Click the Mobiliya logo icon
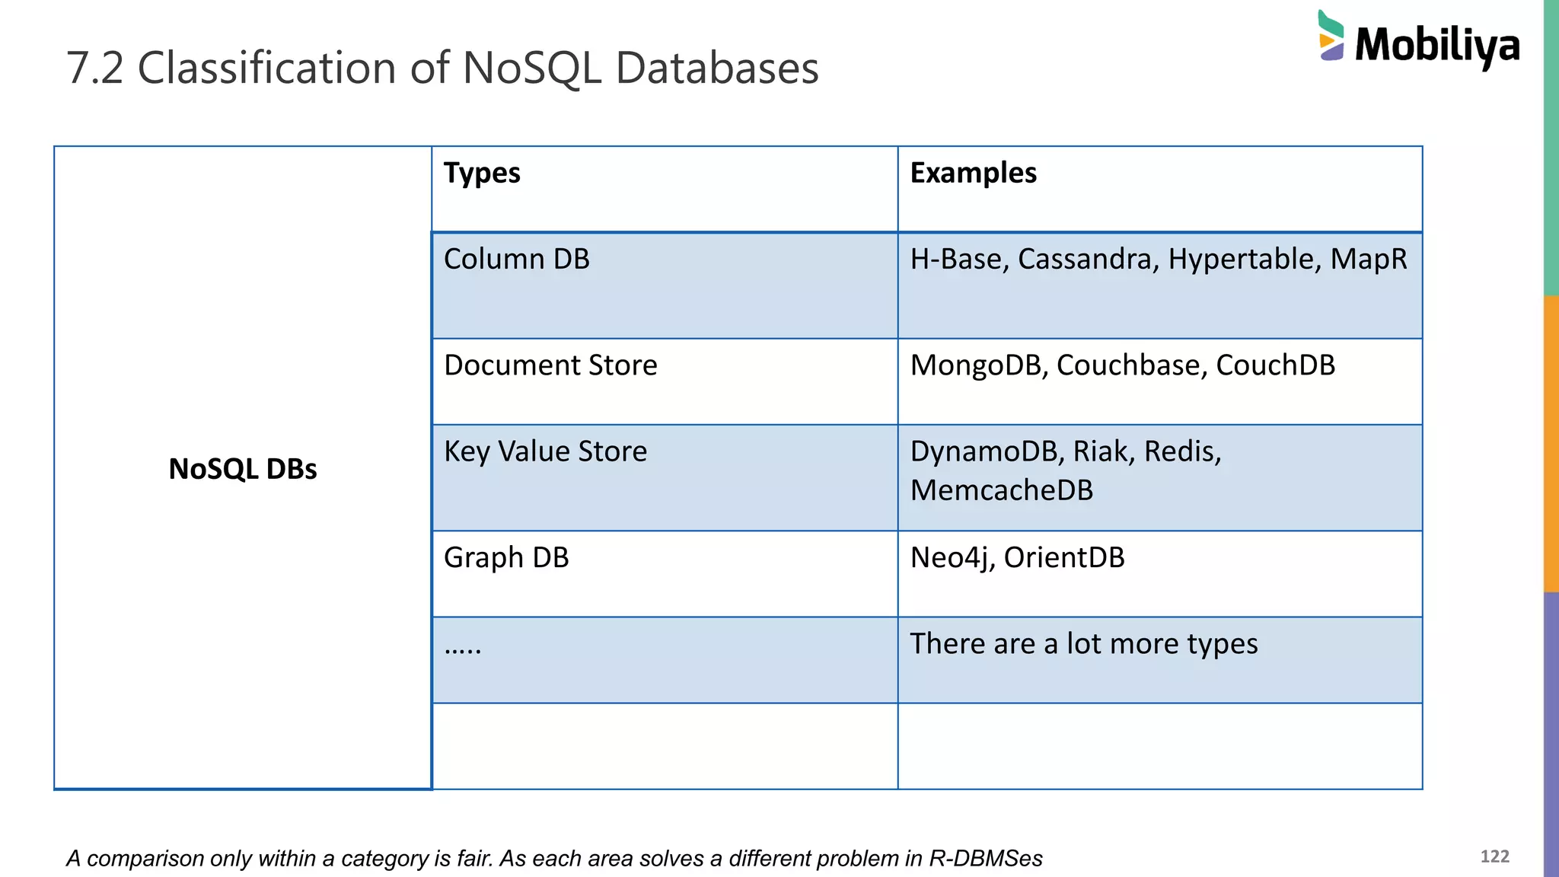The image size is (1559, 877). click(1331, 36)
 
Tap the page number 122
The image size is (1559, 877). click(1494, 856)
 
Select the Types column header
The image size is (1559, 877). click(482, 173)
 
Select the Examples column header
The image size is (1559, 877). click(973, 173)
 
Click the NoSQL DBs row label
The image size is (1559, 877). click(243, 469)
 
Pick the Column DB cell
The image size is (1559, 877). click(517, 260)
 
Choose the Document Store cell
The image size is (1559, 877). click(550, 365)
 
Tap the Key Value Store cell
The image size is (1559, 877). click(545, 451)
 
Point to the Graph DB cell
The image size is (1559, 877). click(506, 558)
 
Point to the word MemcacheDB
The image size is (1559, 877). click(1002, 490)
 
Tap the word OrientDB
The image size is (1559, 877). click(1064, 558)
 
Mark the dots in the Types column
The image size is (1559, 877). click(463, 649)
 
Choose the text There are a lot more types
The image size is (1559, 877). click(1084, 644)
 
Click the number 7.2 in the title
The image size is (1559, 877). click(95, 68)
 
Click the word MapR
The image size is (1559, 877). click(1369, 260)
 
